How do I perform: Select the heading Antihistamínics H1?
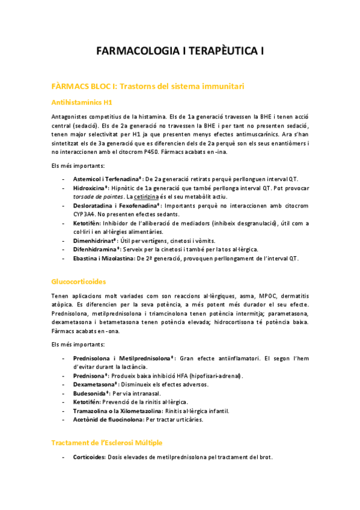(82, 102)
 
